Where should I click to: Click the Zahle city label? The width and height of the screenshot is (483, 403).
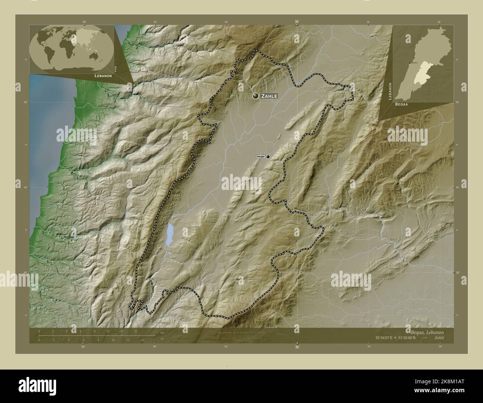(269, 96)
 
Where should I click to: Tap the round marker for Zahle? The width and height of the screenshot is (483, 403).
(256, 96)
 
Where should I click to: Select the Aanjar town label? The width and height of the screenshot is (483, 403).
(261, 157)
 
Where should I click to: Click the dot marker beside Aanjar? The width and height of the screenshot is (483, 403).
(268, 157)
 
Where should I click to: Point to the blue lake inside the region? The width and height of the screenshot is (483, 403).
(170, 235)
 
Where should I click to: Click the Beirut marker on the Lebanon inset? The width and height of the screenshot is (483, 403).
(409, 63)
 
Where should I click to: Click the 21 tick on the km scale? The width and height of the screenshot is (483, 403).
(136, 331)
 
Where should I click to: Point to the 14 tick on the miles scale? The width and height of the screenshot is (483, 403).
(143, 340)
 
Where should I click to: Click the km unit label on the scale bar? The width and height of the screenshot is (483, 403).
(162, 332)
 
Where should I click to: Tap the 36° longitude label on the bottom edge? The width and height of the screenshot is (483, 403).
(297, 347)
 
